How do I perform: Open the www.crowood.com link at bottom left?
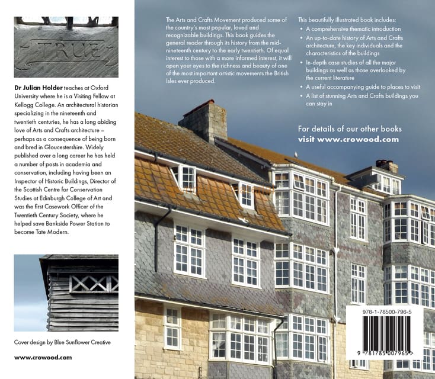[43, 357]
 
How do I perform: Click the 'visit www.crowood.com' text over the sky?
[348, 139]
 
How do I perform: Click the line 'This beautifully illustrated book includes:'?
[347, 20]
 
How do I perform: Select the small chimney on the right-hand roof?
[386, 166]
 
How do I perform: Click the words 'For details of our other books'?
[349, 129]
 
